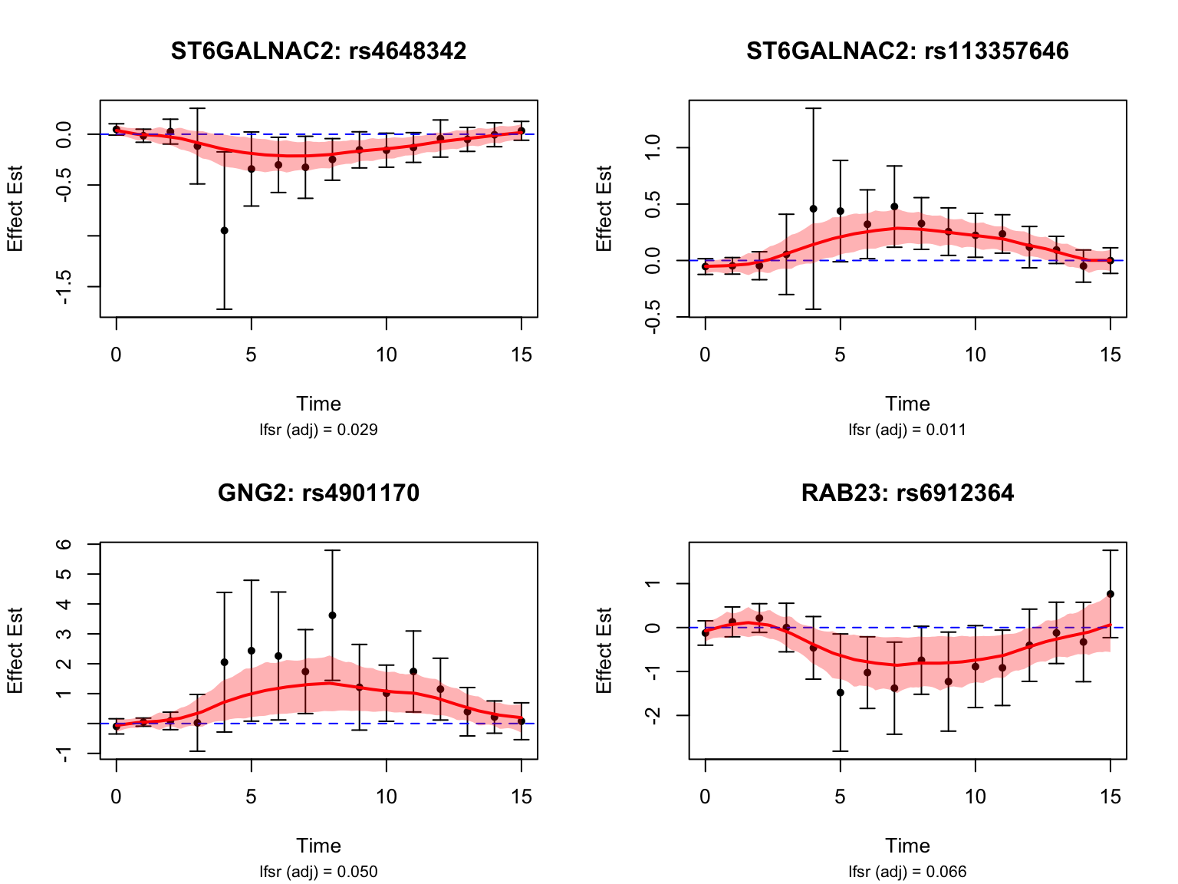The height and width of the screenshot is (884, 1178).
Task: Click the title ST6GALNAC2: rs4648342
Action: point(318,51)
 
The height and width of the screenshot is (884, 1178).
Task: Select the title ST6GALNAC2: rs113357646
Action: point(907,51)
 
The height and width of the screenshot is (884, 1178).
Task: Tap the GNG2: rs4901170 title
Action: point(318,493)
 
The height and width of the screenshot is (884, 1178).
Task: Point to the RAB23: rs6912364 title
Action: point(907,493)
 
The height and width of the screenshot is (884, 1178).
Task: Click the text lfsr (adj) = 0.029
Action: point(318,430)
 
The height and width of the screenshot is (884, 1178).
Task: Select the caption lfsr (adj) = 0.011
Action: point(907,430)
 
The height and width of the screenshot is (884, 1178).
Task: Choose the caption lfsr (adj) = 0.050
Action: point(318,872)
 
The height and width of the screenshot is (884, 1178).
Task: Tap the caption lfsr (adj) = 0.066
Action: point(907,872)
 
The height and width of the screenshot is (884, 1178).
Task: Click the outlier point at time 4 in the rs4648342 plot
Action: point(224,230)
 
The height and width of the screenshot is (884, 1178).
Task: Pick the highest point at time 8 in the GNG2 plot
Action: point(332,615)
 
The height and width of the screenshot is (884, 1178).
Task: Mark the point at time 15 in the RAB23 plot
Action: point(1111,594)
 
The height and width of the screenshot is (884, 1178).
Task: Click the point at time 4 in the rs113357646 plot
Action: point(813,209)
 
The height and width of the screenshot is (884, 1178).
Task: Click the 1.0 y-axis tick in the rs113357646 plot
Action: point(653,148)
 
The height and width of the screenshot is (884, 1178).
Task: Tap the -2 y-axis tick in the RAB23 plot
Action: point(653,715)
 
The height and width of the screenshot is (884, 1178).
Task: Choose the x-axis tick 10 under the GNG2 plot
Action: point(386,797)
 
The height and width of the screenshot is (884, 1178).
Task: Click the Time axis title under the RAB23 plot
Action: point(907,846)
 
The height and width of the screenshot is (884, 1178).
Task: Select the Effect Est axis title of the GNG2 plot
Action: point(15,651)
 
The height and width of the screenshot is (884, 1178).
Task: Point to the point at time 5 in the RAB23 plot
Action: point(841,693)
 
